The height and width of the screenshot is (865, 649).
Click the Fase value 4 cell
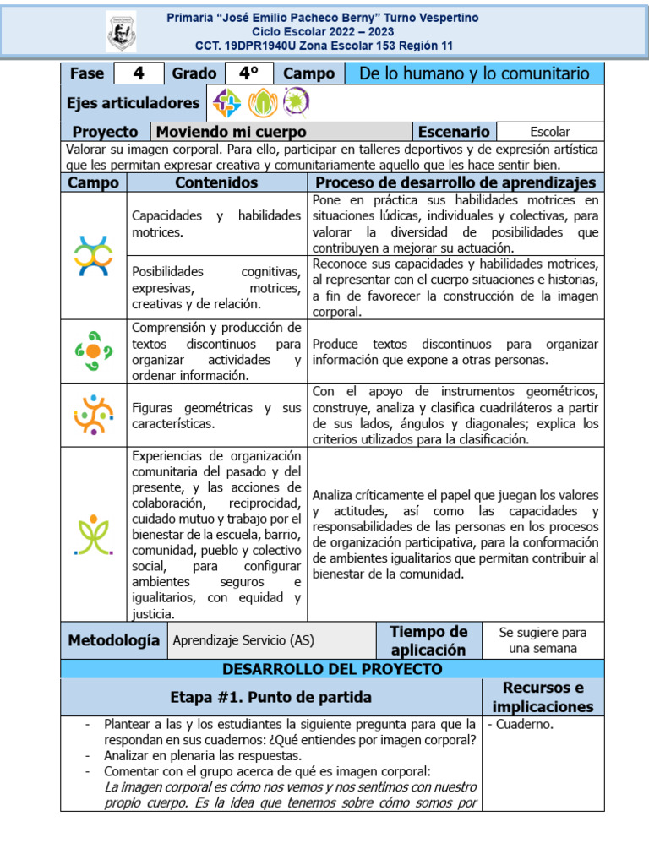(139, 73)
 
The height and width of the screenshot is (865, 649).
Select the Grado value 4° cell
(248, 73)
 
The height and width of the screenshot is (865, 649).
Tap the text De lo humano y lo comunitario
(474, 73)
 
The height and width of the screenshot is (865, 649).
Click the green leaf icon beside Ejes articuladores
(263, 103)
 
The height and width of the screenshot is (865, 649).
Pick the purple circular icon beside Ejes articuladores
(296, 103)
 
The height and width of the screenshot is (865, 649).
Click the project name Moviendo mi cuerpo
(231, 132)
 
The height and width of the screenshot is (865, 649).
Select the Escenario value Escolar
(549, 132)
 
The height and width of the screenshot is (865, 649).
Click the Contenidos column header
(216, 182)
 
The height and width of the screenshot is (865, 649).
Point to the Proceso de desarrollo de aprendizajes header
(455, 182)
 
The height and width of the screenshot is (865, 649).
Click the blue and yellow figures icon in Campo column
(93, 256)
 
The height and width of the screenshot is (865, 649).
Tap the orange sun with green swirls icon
(93, 351)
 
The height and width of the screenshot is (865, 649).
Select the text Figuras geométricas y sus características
(216, 415)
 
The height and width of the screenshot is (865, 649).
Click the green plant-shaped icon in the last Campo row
(93, 534)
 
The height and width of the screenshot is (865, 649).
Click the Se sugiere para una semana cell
(543, 640)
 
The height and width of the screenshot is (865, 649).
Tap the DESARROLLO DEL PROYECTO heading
(331, 669)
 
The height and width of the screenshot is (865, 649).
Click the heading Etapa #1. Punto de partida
(270, 697)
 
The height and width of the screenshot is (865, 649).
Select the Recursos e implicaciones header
(543, 697)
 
